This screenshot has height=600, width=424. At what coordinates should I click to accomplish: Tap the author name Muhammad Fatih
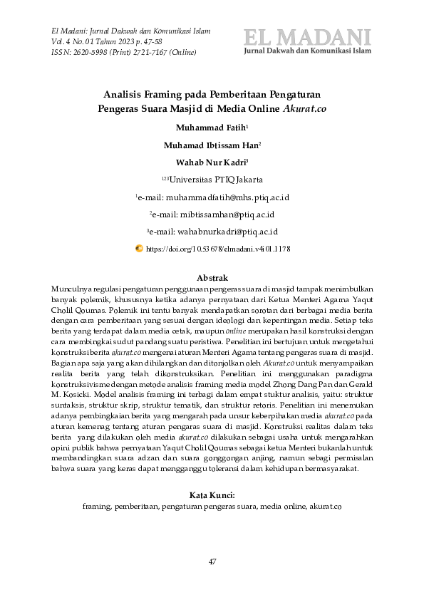(x=210, y=128)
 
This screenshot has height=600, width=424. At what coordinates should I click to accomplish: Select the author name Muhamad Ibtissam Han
(x=211, y=145)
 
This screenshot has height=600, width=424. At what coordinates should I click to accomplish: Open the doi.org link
(x=218, y=249)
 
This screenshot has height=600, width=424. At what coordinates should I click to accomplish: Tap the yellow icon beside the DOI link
(x=139, y=249)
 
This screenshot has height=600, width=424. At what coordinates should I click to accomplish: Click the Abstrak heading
(x=211, y=278)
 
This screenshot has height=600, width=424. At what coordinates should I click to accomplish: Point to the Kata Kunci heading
(x=212, y=495)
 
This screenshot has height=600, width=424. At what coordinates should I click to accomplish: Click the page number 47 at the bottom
(x=212, y=562)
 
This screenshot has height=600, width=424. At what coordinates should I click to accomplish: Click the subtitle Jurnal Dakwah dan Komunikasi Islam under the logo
(x=308, y=52)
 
